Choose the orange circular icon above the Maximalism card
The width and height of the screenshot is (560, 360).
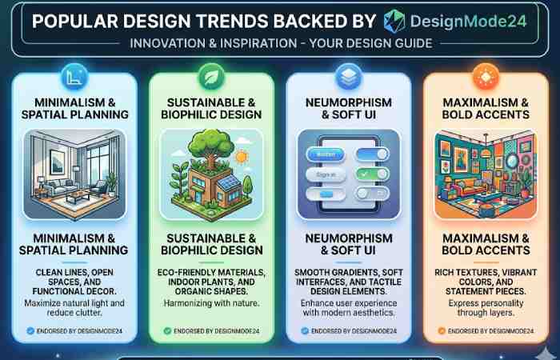click(x=485, y=78)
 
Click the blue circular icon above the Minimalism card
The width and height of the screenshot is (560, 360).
click(x=74, y=78)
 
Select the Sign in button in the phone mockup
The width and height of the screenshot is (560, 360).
click(x=325, y=173)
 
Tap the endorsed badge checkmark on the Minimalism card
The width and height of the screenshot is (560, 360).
click(x=30, y=330)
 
